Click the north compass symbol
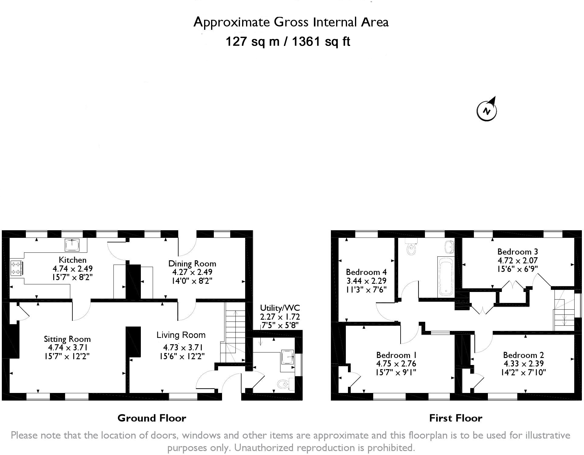point(487,110)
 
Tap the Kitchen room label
point(72,260)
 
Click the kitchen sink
point(72,245)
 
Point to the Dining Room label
point(192,264)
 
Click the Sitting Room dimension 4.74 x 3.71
point(68,348)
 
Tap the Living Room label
point(181,335)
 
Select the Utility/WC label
point(280,308)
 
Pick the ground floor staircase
point(235,335)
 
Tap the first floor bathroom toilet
point(411,247)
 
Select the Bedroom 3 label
point(517,252)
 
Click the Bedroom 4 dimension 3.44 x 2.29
point(366,281)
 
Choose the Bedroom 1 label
point(396,355)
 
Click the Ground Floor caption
point(152,418)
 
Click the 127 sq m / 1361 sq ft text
point(288,41)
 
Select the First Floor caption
point(455,418)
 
